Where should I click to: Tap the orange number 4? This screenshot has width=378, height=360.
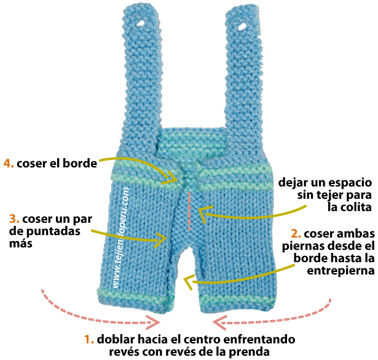tap(8, 164)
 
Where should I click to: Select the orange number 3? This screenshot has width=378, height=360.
tap(14, 218)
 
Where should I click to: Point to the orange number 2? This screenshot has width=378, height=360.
tap(295, 233)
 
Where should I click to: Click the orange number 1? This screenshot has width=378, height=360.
tap(87, 339)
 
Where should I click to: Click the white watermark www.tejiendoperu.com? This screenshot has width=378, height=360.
tap(122, 240)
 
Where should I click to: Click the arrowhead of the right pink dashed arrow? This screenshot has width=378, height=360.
tap(220, 321)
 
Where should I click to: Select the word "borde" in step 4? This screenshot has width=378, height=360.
tap(81, 164)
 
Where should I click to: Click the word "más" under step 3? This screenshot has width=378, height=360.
tap(20, 244)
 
